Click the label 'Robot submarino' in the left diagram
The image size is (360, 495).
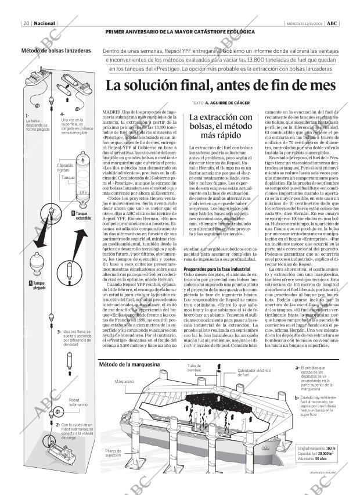tap(78, 403)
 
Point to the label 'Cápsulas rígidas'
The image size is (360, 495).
tap(65, 167)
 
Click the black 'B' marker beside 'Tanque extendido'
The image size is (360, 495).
tap(73, 215)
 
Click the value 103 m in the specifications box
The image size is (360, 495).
tap(330, 449)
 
